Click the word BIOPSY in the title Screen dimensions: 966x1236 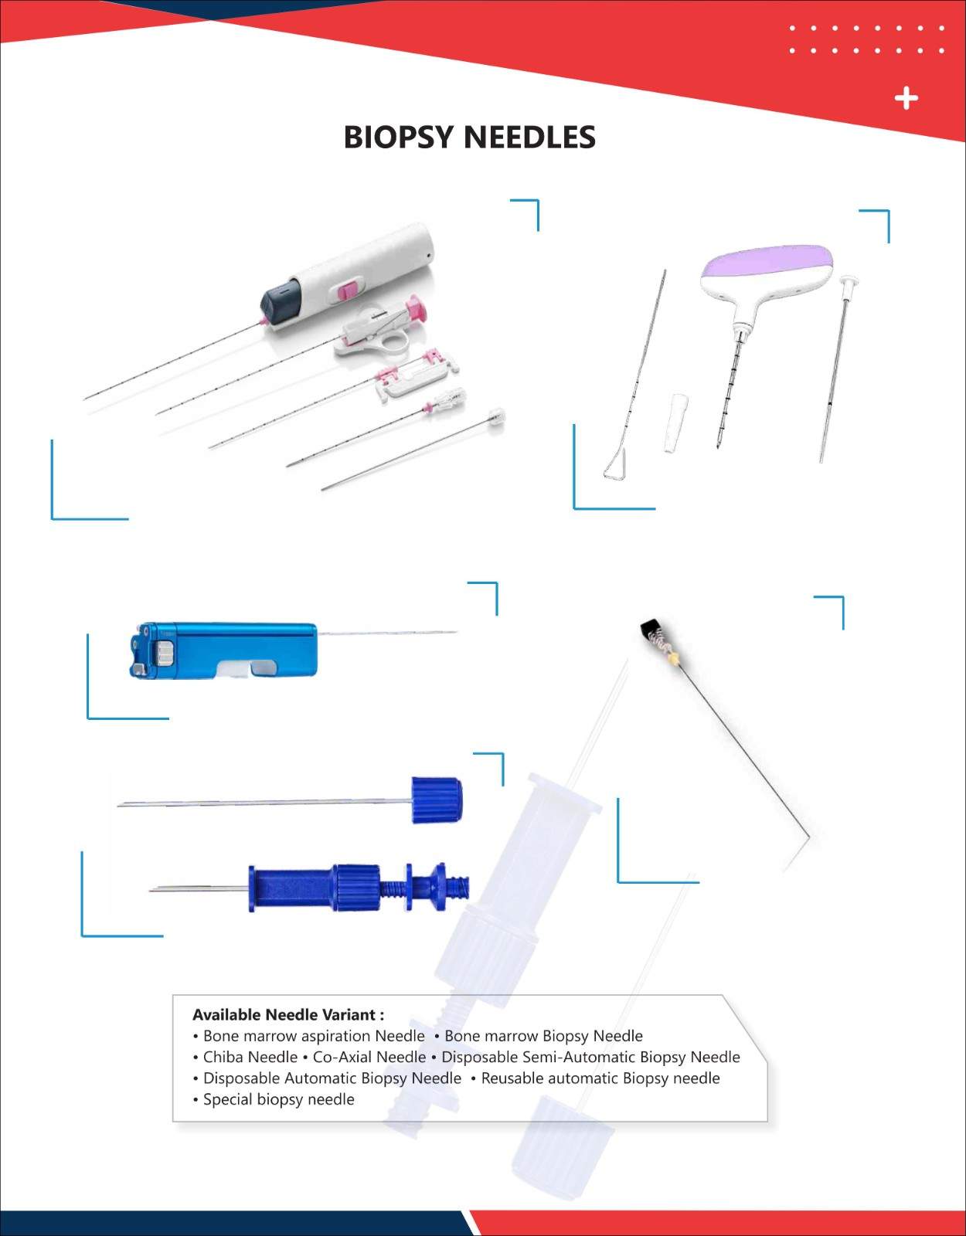[x=399, y=137]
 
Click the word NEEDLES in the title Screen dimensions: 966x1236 [x=530, y=137]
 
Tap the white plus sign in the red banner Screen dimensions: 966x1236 [x=906, y=98]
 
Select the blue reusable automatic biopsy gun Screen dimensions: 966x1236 [x=223, y=650]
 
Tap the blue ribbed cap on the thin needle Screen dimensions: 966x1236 [x=437, y=800]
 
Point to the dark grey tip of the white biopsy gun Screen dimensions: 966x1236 [x=281, y=301]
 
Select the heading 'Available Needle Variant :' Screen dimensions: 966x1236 [x=287, y=1014]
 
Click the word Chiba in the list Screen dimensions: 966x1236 [x=226, y=1057]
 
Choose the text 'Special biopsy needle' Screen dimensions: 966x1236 [x=279, y=1099]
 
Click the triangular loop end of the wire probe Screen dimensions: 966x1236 [x=615, y=463]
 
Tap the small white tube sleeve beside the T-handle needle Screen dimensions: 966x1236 [x=676, y=423]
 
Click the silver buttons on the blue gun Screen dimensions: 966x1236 [x=165, y=653]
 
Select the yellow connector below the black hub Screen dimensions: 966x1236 [x=674, y=659]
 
